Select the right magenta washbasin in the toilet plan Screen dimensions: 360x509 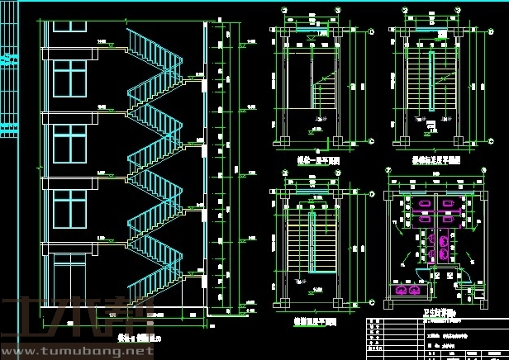412,290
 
